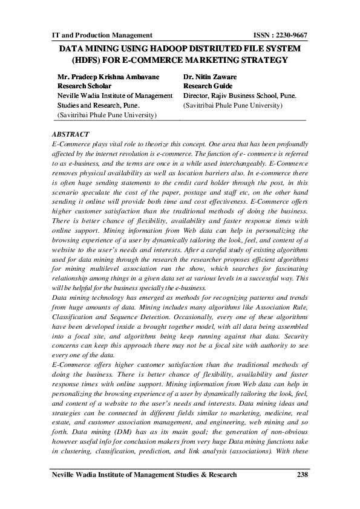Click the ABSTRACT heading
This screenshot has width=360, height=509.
coord(71,134)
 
